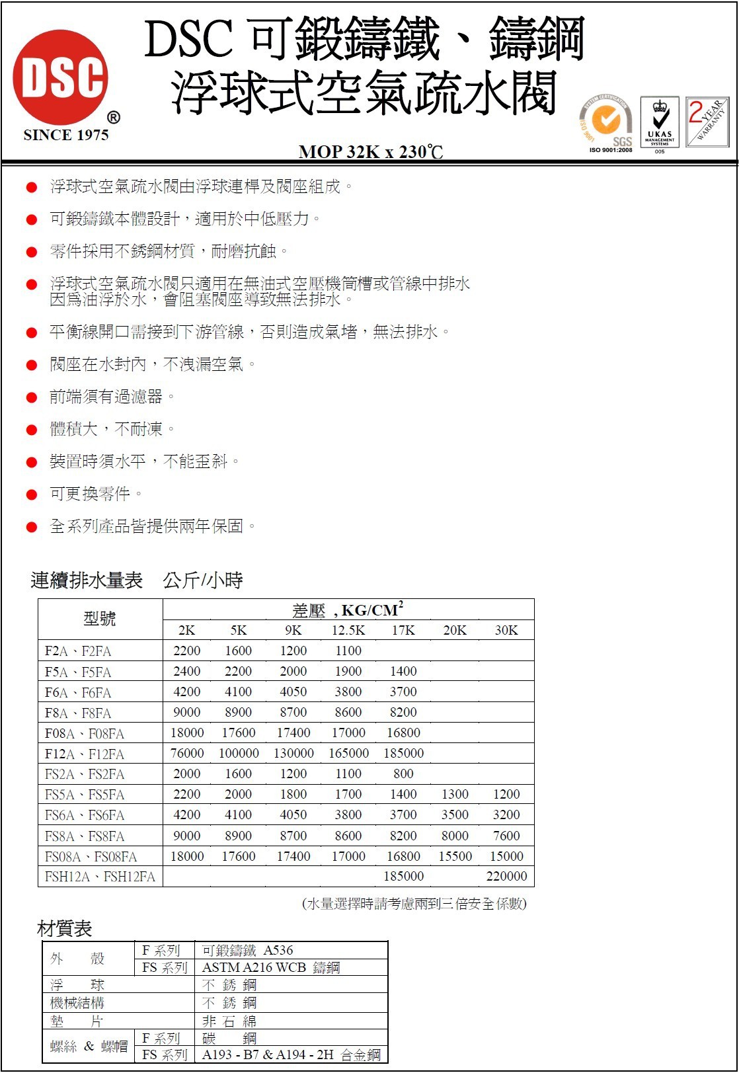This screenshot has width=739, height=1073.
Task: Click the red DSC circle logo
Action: click(x=61, y=77)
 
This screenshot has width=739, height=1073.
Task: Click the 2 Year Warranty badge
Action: click(x=707, y=122)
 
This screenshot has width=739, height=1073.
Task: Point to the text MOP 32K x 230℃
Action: click(x=370, y=152)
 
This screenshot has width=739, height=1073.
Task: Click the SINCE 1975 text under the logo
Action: click(x=65, y=135)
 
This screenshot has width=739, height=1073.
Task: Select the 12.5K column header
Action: click(x=348, y=630)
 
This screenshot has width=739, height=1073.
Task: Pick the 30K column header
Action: click(x=506, y=630)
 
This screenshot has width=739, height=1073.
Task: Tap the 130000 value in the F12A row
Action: click(x=293, y=753)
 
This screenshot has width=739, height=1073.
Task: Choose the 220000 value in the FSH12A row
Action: click(x=506, y=876)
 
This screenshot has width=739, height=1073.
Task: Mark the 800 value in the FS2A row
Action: click(x=403, y=774)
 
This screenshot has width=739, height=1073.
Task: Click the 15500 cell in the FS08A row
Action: click(x=455, y=856)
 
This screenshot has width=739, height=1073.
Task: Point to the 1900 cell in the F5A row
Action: click(x=348, y=671)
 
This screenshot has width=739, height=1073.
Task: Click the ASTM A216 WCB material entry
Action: click(x=271, y=968)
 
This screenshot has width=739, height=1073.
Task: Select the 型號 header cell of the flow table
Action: click(x=100, y=619)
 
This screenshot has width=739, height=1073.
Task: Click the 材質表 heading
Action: click(x=64, y=928)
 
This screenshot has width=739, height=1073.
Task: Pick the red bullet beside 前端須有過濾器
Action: click(x=32, y=397)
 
